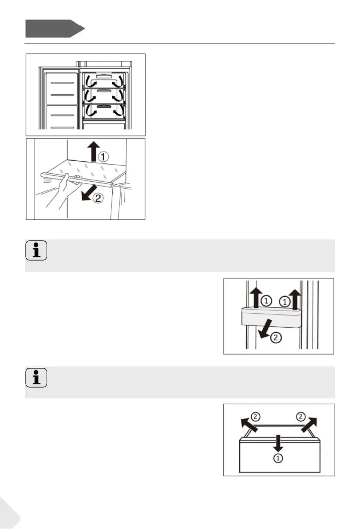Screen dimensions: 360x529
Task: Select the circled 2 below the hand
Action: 98,199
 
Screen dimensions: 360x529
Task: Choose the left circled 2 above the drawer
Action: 255,417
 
